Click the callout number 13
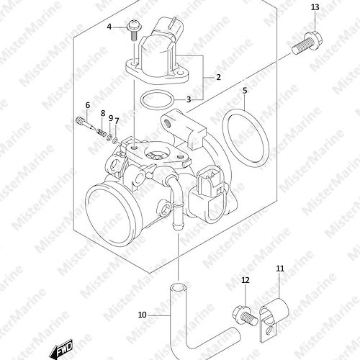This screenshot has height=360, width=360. tap(315, 7)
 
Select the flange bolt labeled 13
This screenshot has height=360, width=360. tap(307, 44)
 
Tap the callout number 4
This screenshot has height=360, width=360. tap(109, 27)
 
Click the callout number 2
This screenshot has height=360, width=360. tap(218, 77)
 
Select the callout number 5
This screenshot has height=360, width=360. tap(245, 91)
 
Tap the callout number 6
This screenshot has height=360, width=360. tap(88, 105)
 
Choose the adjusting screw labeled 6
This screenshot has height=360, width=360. tap(86, 123)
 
